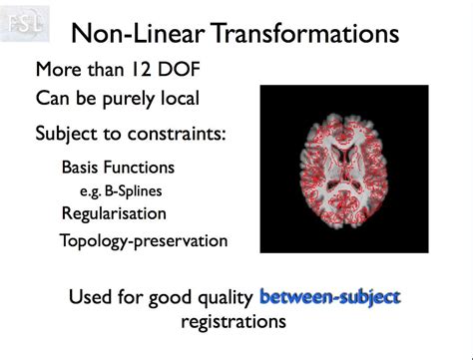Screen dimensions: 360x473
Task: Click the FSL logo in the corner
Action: pyautogui.click(x=24, y=21)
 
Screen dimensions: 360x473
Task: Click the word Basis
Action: pyautogui.click(x=83, y=168)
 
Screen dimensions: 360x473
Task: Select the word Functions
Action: pyautogui.click(x=142, y=168)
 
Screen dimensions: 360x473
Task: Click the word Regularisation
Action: pyautogui.click(x=114, y=212)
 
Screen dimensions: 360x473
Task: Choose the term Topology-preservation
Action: pyautogui.click(x=144, y=240)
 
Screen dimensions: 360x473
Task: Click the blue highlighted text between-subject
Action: pyautogui.click(x=329, y=296)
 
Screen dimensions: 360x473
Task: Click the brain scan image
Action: pyautogui.click(x=343, y=168)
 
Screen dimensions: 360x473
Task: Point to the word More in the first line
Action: pyautogui.click(x=58, y=71)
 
